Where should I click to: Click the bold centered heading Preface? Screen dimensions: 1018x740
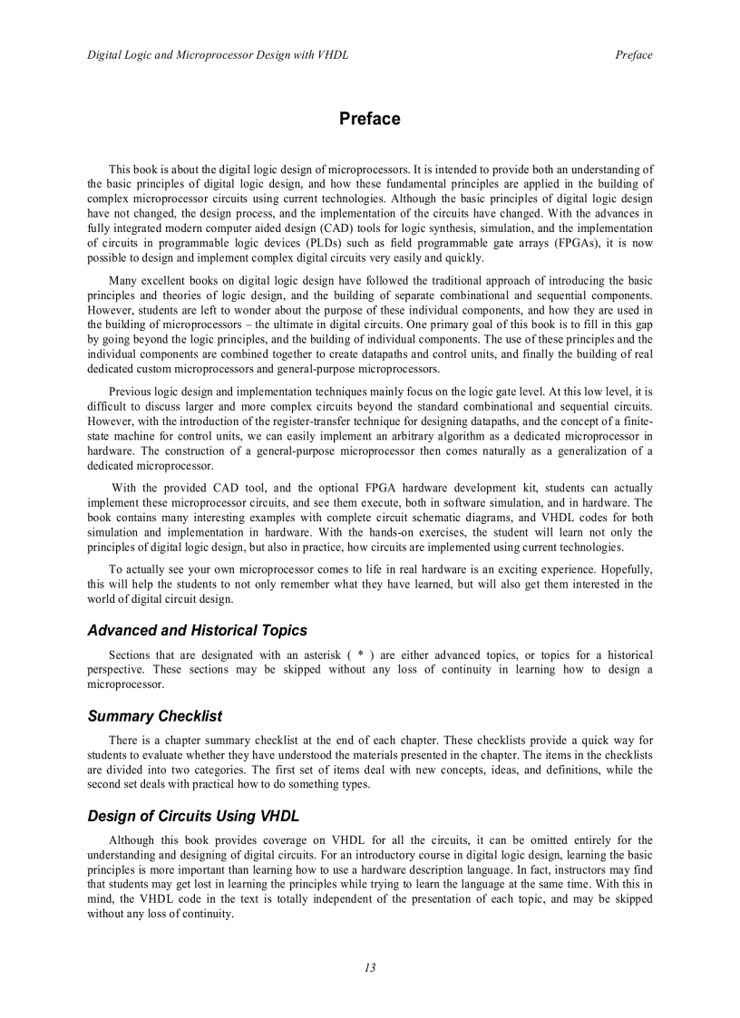[369, 119]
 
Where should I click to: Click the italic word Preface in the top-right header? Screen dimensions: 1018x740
[633, 55]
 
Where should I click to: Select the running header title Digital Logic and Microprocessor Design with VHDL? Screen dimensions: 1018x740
[218, 55]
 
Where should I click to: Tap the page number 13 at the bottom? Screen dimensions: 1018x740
[370, 967]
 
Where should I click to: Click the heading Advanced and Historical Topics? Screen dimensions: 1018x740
[197, 630]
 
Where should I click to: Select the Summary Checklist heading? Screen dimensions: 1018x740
[154, 716]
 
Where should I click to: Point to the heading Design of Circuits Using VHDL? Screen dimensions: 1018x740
[193, 816]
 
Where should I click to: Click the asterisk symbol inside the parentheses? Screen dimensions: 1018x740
[361, 655]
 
